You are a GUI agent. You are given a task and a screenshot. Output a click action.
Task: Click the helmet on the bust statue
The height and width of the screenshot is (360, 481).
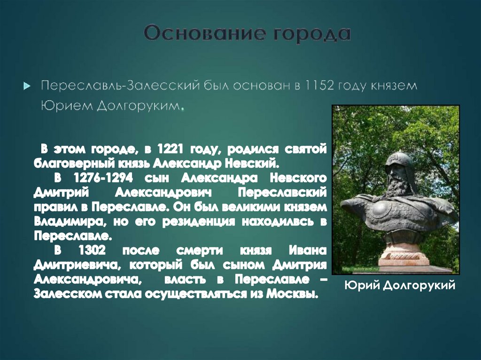[398, 162]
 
